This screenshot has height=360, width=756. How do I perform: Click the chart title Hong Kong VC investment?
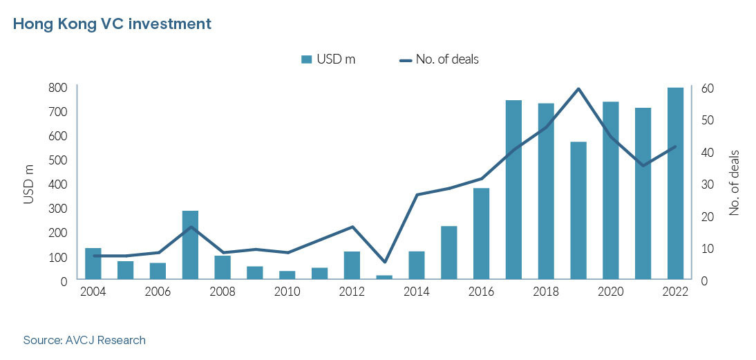click(112, 24)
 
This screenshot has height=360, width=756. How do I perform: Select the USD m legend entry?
click(329, 59)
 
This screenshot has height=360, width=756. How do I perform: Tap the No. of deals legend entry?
click(440, 59)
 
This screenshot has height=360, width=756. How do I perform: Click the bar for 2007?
click(190, 245)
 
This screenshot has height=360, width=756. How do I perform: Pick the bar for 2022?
click(674, 184)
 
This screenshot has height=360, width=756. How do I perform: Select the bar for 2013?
click(384, 277)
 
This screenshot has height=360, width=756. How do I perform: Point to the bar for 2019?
click(578, 211)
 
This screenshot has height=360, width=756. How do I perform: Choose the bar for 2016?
click(481, 234)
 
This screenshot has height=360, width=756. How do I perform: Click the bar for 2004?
click(93, 264)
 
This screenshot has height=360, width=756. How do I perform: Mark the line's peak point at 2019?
click(578, 88)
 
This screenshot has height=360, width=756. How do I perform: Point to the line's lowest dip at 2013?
click(384, 262)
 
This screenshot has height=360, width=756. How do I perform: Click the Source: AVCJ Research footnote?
click(84, 340)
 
